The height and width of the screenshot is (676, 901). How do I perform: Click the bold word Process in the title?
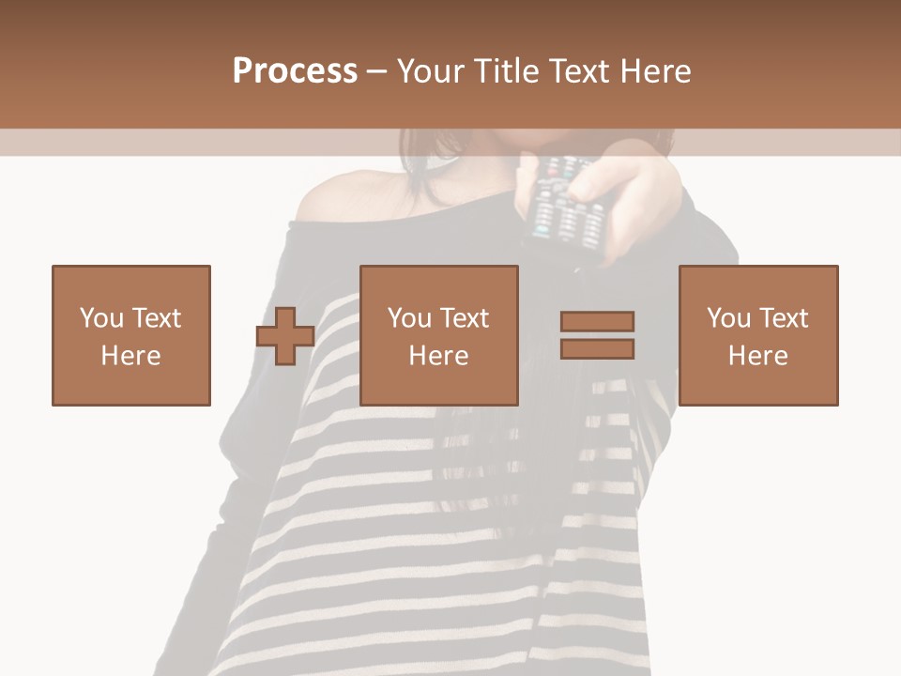295,71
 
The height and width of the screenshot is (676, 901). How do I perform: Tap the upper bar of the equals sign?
597,321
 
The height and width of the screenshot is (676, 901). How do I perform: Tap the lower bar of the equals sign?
597,349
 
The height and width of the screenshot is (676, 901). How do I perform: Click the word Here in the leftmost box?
130,356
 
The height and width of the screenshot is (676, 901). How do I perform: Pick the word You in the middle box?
409,318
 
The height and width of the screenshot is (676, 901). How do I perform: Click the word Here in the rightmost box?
757,356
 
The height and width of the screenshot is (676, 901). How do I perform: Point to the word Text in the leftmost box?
156,318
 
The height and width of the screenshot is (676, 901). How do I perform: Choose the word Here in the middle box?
438,356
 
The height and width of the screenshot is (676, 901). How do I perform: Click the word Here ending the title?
657,71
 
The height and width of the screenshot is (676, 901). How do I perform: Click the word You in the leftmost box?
100,318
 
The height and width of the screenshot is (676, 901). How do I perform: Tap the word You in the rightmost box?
728,318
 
